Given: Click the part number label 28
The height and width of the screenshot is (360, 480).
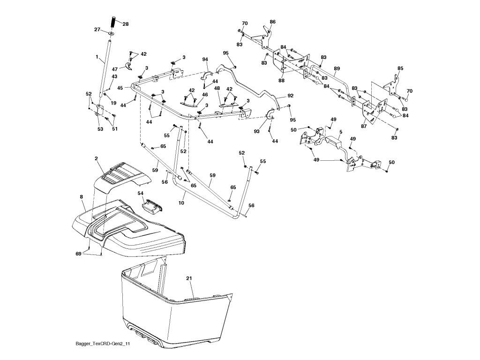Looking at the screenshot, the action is pos(126,24).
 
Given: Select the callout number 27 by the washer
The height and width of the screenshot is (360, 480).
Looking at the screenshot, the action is pos(97,30).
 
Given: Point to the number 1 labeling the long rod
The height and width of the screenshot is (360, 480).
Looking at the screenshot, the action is pos(97,57).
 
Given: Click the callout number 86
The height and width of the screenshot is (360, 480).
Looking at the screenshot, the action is pos(272,22).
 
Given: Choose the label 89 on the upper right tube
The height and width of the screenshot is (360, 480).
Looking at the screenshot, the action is pos(337,68).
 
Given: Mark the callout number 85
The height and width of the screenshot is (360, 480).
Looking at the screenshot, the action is pos(400,68).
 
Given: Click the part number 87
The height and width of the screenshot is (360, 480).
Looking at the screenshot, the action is pos(364,126).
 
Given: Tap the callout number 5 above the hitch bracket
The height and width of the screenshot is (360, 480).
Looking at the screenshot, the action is pos(341,132).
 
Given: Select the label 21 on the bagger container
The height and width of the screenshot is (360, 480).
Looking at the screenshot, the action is pos(189,278).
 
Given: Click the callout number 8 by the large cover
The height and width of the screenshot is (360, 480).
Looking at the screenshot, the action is pos(82,197).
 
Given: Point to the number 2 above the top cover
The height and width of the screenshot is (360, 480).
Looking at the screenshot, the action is pos(96,158).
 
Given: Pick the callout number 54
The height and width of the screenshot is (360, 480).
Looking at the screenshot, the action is pos(141,193).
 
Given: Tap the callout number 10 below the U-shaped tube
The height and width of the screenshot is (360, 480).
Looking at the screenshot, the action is pos(181,203).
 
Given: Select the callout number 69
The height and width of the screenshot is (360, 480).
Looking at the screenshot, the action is pos(79,254).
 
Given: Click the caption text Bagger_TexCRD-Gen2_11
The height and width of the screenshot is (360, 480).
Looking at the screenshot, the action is pos(103,344).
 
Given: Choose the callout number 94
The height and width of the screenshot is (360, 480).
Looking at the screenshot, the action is pos(205,59).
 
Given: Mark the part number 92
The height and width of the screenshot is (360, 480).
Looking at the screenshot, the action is pos(291,96).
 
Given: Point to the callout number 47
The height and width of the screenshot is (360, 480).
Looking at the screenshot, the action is pos(114,69).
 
